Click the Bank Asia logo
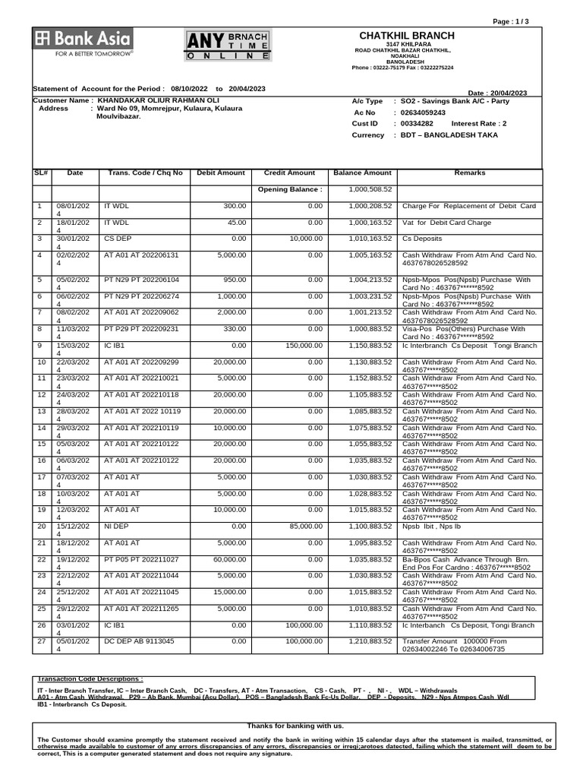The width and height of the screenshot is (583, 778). point(82,43)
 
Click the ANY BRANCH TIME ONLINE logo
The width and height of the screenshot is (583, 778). point(228,46)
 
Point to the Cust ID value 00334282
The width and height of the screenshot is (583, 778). point(417,123)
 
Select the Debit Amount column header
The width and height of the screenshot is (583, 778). point(221,173)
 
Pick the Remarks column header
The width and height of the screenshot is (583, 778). point(469,173)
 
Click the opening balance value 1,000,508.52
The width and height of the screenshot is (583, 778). point(370,189)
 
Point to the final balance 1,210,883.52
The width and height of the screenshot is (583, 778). point(370,642)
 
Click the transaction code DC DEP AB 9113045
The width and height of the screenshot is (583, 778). point(139,642)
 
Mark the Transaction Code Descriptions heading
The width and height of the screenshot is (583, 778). point(90,678)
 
